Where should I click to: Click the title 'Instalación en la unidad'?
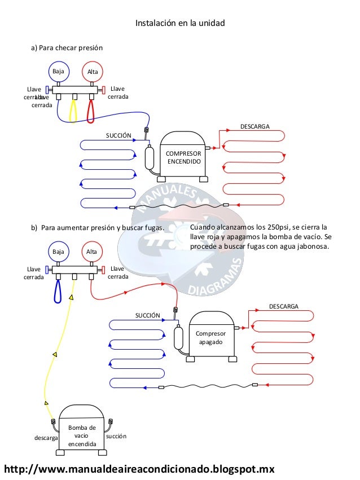point(180,24)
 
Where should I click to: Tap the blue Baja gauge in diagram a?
point(58,72)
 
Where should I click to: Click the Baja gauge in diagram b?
point(58,252)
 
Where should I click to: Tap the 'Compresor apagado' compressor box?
point(209,338)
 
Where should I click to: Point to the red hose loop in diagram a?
point(90,110)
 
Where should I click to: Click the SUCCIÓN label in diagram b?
point(148,315)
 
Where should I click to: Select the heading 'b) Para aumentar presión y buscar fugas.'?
point(96,228)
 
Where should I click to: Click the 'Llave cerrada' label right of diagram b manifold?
point(118,273)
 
